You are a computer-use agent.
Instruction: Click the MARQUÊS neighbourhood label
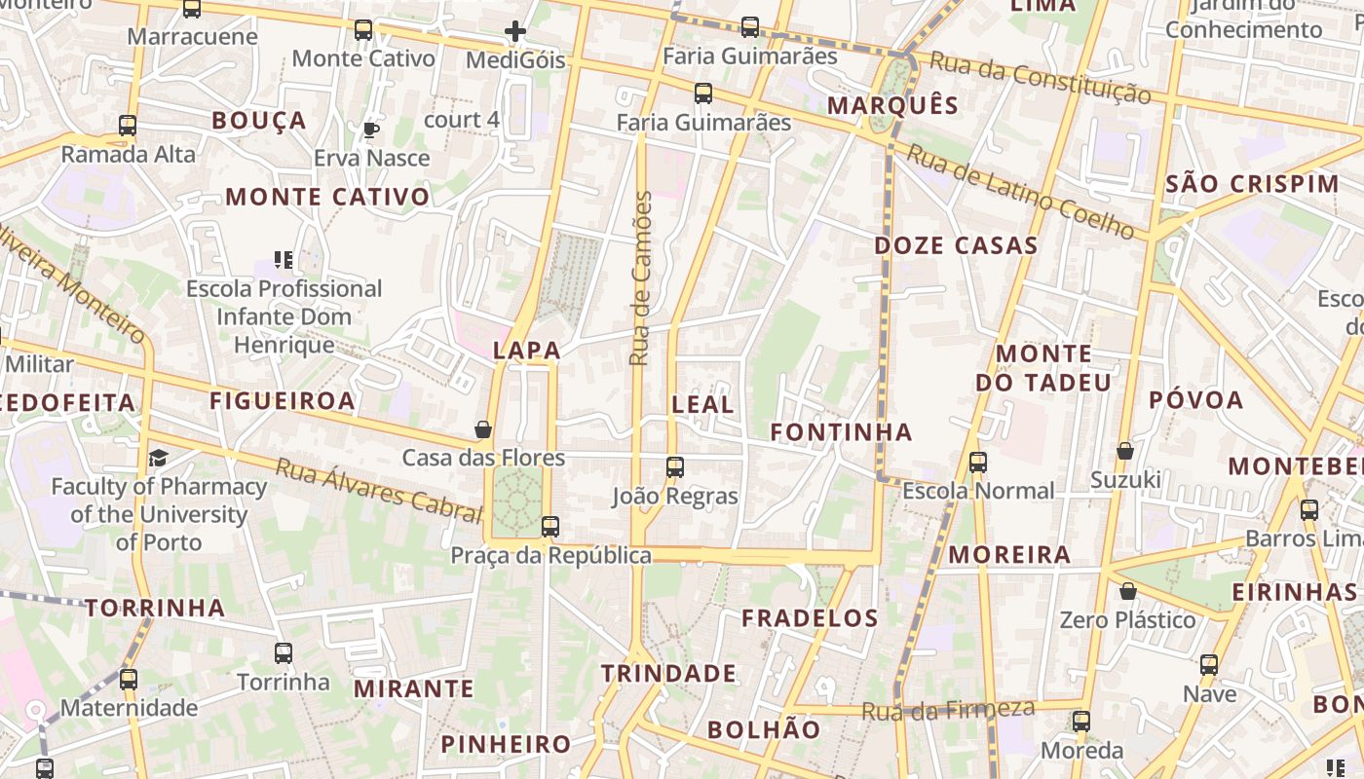coord(892,105)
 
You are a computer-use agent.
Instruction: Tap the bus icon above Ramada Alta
coord(128,126)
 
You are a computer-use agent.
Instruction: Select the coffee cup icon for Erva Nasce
coord(370,130)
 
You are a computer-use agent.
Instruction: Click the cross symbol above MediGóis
coord(515,32)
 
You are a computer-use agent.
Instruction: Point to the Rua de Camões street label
coord(640,278)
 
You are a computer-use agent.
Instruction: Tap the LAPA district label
coord(526,351)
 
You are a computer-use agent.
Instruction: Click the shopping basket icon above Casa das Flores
coord(482,429)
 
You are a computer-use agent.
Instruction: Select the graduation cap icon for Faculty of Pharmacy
coord(158,458)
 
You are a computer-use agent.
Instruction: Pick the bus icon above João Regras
coord(675,467)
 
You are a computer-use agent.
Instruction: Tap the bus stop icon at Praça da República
coord(550,527)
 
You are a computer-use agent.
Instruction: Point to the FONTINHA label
coord(841,431)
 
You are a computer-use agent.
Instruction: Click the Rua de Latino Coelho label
coord(1020,192)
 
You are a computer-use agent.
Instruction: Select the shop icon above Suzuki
coord(1125,451)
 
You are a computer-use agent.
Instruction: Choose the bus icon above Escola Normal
coord(978,463)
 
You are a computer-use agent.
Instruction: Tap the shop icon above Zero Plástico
coord(1127,591)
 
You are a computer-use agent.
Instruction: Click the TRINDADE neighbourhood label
coord(668,673)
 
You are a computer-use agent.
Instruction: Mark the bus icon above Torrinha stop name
coord(284,653)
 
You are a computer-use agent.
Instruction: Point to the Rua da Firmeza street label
coord(947,710)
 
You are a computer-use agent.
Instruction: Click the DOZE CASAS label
coord(956,245)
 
